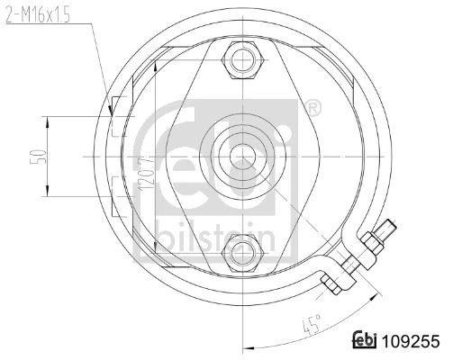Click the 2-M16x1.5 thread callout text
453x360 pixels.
coord(38,15)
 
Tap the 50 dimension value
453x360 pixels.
coord(39,157)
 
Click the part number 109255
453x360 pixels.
coord(411,341)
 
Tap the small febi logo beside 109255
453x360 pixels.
coord(365,340)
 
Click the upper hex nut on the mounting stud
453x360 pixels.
coord(242,60)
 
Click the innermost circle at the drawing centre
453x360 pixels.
coord(242,157)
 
